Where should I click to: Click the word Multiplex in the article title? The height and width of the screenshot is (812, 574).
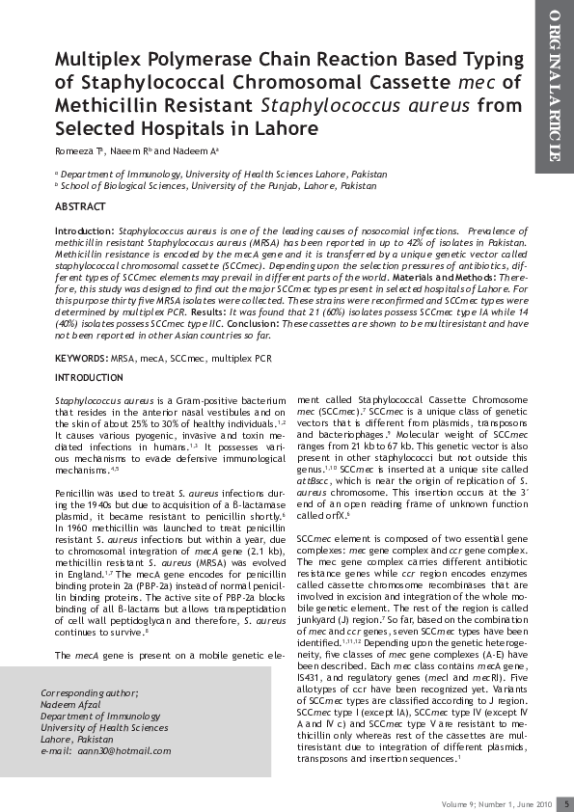click(102, 60)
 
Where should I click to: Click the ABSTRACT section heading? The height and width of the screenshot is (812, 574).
click(81, 207)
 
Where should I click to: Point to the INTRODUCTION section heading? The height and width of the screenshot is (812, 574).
click(90, 378)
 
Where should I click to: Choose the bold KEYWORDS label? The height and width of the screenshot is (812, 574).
click(82, 358)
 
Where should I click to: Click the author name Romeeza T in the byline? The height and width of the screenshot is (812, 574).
click(81, 151)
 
